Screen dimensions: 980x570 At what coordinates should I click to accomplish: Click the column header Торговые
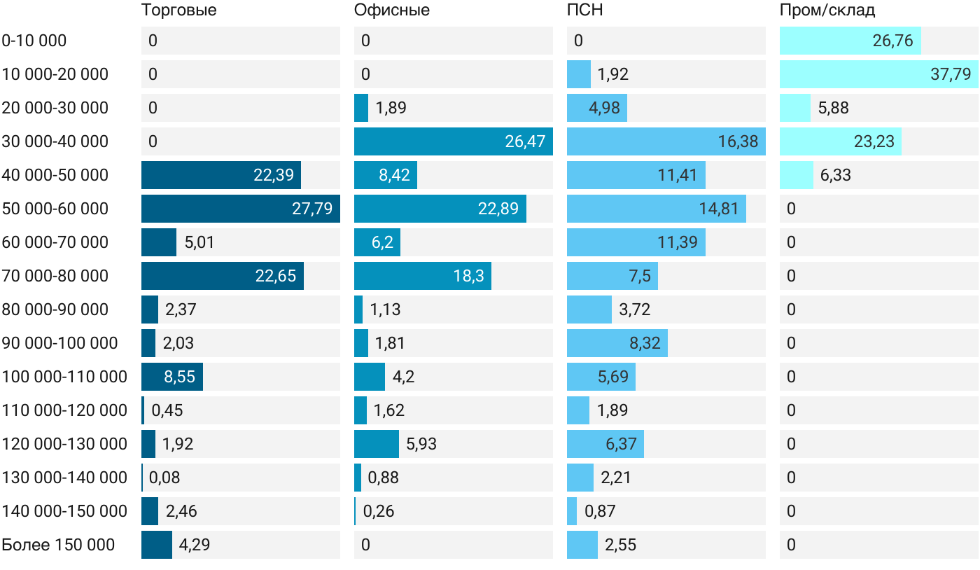click(x=178, y=10)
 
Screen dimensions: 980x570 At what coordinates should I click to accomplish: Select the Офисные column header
click(x=391, y=10)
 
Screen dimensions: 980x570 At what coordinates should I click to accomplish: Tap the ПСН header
click(x=584, y=10)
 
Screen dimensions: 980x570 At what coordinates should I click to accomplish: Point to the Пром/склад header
click(x=827, y=10)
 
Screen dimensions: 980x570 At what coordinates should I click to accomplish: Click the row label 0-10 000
click(x=34, y=41)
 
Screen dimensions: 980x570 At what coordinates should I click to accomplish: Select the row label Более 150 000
click(x=58, y=545)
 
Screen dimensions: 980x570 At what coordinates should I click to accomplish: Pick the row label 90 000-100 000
click(x=59, y=343)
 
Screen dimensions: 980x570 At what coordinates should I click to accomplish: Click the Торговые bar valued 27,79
click(x=241, y=209)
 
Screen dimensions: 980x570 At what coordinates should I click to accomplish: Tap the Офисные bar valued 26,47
click(x=454, y=141)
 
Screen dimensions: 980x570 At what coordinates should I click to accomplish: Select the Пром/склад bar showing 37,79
click(x=879, y=74)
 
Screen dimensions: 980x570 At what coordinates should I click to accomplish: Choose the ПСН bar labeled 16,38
click(x=666, y=141)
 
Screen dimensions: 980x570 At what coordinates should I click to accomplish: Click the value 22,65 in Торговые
click(x=276, y=276)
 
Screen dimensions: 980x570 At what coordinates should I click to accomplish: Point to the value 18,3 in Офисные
click(x=468, y=276)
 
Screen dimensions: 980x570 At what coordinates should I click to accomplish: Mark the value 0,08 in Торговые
click(x=164, y=477)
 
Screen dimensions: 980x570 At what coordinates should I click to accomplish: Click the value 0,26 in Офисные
click(x=379, y=511)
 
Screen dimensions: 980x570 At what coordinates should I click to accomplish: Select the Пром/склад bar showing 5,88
click(x=795, y=108)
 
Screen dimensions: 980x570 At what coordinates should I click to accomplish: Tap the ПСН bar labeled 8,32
click(x=617, y=343)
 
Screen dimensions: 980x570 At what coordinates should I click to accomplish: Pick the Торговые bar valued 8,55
click(x=172, y=377)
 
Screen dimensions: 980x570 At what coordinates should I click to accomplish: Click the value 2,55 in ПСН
click(x=620, y=545)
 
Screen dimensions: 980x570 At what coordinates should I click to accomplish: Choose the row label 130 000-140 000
click(x=64, y=477)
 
